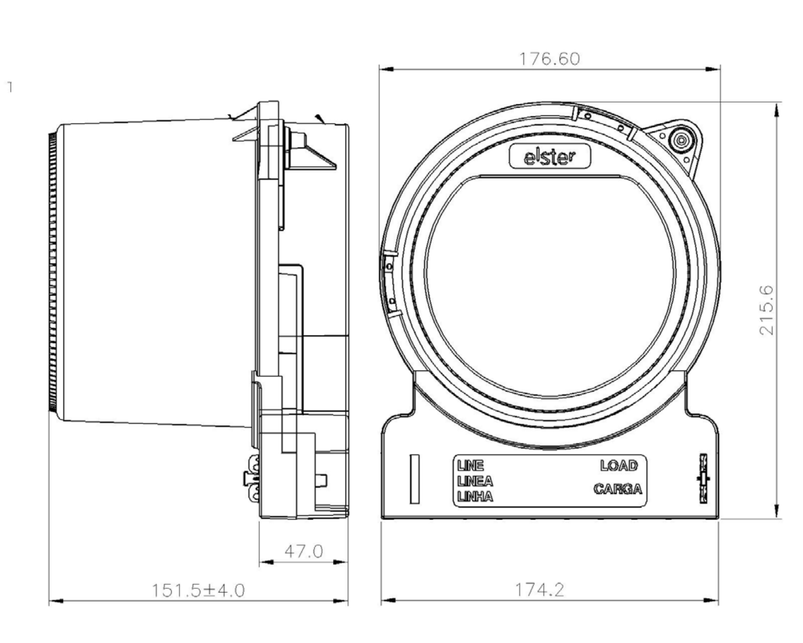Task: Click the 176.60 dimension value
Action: [550, 59]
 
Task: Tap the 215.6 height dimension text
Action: [767, 310]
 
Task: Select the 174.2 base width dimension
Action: [540, 590]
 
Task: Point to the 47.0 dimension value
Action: [304, 552]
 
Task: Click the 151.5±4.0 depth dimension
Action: [198, 591]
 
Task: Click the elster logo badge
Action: [550, 157]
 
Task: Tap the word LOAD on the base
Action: [619, 466]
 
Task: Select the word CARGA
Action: [618, 489]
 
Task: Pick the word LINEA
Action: [475, 481]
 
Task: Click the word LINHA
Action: [475, 497]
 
